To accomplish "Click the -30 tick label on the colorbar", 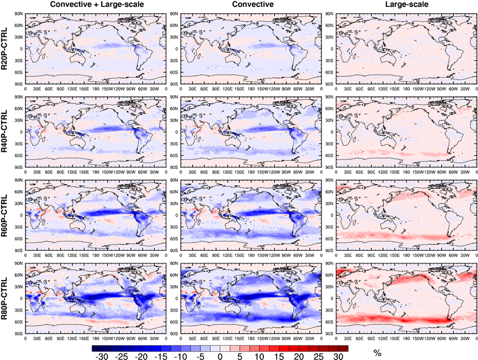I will click(101, 356).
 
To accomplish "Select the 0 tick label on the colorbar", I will click(219, 356).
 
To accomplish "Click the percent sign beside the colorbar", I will click(377, 353).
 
